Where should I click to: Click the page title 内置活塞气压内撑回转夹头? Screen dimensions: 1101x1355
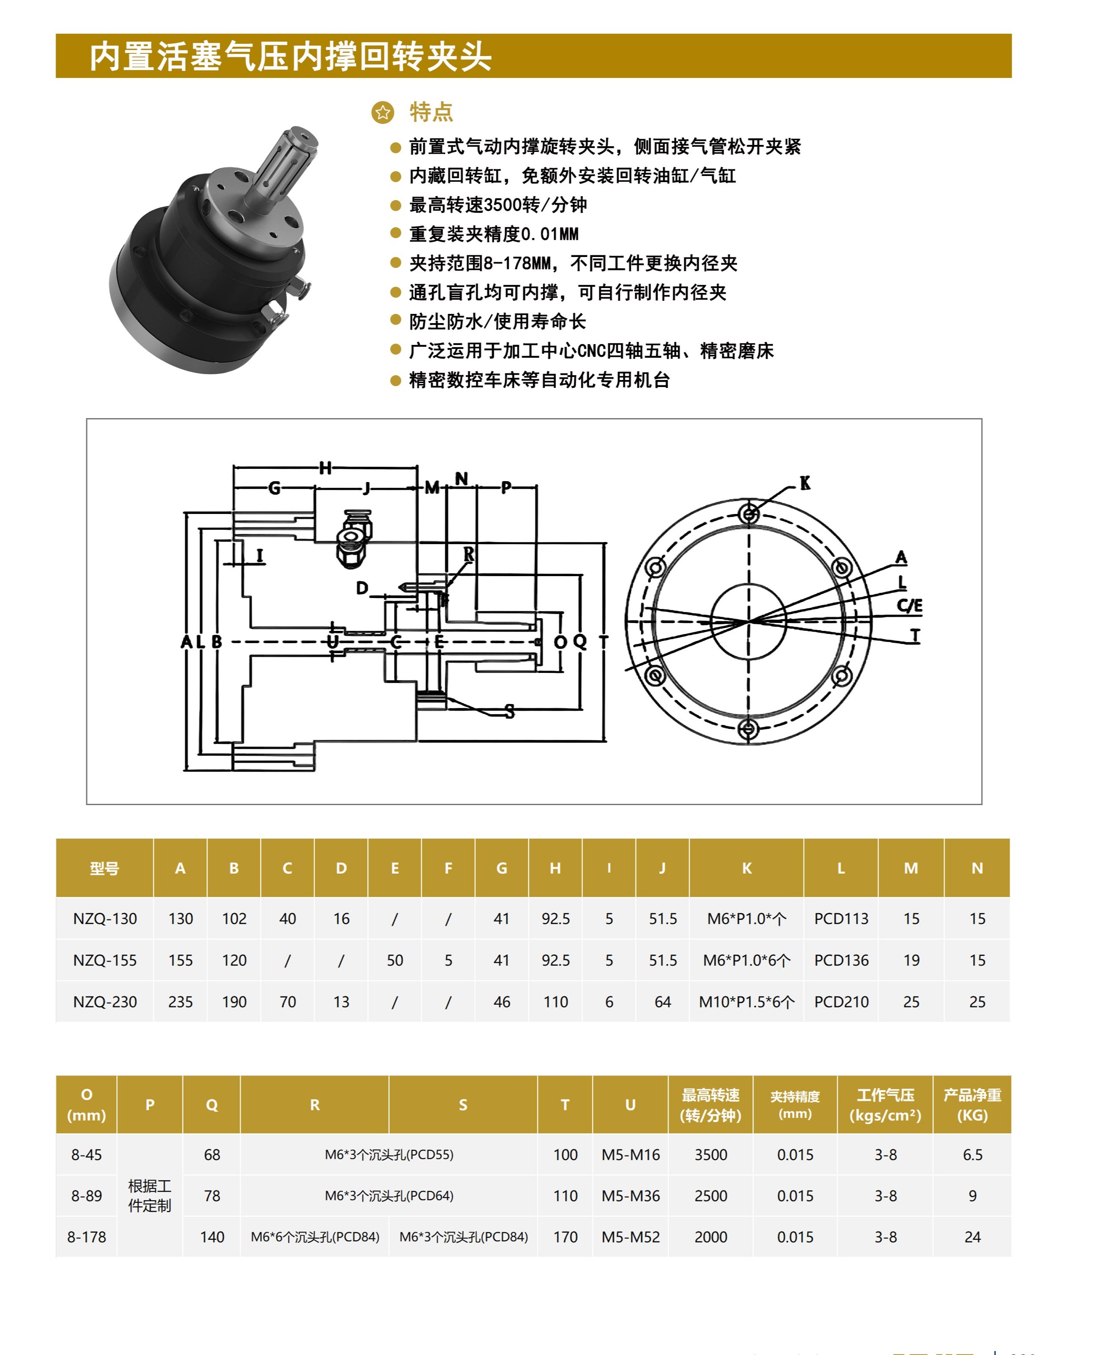coord(291,56)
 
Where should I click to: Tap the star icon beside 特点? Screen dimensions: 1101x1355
coord(383,112)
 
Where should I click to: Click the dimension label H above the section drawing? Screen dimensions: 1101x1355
coord(325,468)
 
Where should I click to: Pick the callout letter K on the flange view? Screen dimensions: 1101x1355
coord(805,483)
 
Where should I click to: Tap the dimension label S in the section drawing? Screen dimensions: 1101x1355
coord(510,712)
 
